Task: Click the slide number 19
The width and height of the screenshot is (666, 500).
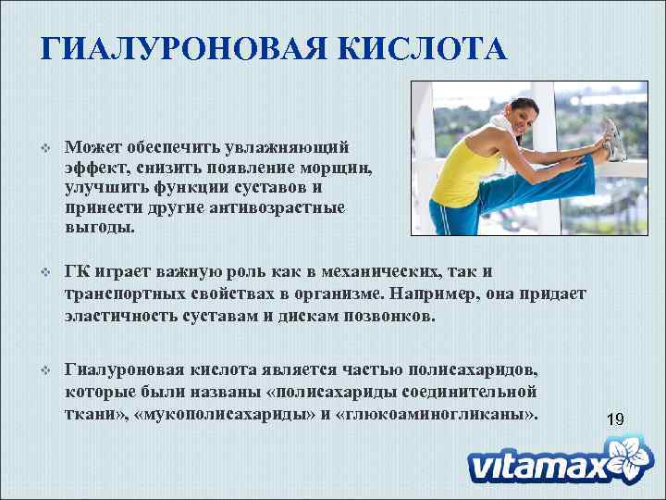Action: (615, 419)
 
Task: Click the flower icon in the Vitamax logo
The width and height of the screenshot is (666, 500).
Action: (624, 456)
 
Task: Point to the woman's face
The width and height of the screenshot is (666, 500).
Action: (500, 119)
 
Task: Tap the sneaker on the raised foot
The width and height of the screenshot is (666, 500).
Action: (613, 138)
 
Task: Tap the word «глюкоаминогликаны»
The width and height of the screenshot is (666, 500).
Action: (439, 411)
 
